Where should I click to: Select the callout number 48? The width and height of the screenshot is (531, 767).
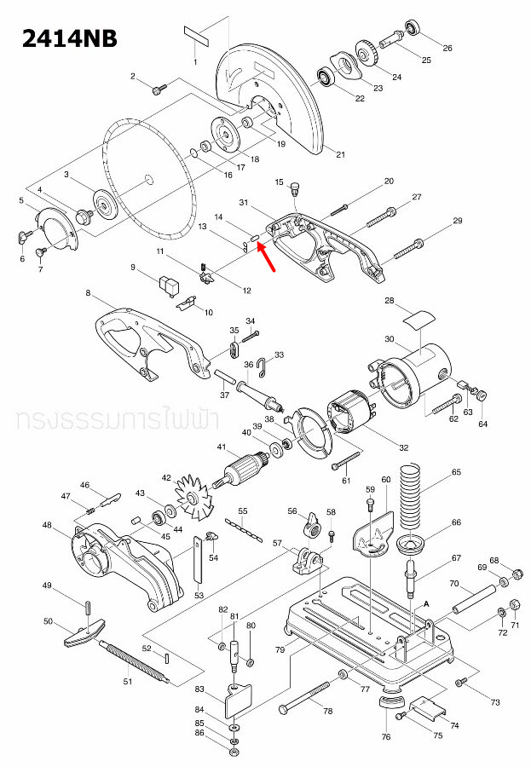47,525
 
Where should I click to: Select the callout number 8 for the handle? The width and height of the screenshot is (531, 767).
88,294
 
